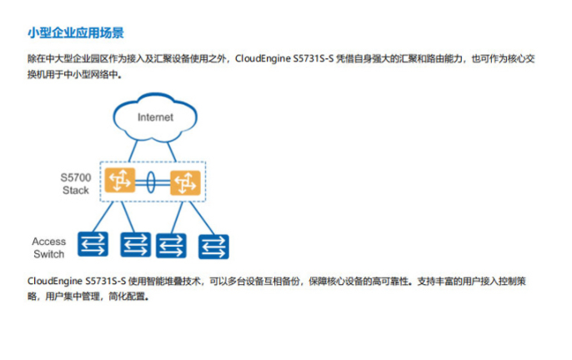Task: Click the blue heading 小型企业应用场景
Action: tap(76, 32)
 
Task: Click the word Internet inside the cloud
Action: tap(155, 117)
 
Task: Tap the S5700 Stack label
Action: tap(76, 184)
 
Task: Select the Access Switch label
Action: tap(49, 247)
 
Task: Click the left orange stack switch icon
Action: tap(120, 180)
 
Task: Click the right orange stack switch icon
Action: tap(185, 182)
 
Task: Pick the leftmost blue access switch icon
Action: tap(93, 244)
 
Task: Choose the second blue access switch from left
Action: tap(135, 244)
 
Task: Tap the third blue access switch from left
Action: tap(171, 246)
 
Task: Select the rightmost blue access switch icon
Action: tap(213, 247)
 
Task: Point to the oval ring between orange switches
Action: tap(151, 182)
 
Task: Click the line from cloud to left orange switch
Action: tap(133, 151)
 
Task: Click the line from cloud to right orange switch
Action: tap(172, 152)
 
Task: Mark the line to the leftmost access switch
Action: tap(103, 217)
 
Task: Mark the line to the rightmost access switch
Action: tap(202, 218)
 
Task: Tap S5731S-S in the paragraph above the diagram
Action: tap(314, 58)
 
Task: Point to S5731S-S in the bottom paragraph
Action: tap(106, 281)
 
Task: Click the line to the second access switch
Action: tap(128, 217)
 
